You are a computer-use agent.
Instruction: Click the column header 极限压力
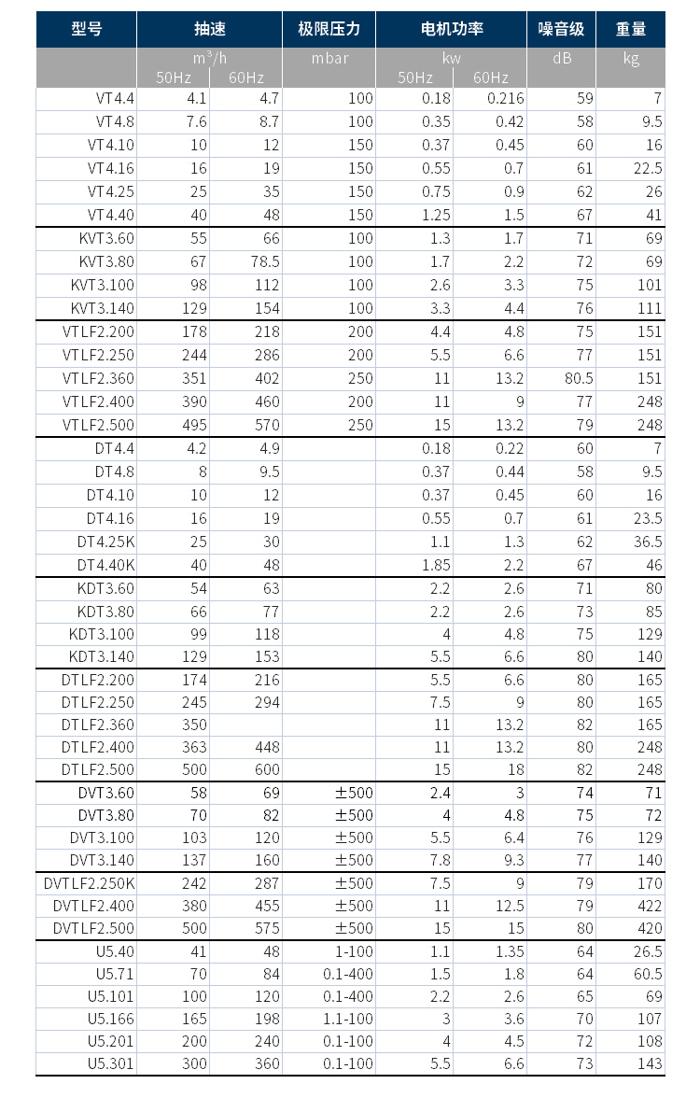329,29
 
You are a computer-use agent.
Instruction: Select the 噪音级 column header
561,29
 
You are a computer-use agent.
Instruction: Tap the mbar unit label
329,58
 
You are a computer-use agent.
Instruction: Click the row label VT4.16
111,168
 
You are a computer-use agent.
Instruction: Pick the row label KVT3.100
103,285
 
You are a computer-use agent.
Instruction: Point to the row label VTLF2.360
98,378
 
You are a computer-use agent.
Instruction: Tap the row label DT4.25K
105,542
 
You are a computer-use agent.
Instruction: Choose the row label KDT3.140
102,656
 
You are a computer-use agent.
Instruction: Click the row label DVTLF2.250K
90,883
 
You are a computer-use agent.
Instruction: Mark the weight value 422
650,906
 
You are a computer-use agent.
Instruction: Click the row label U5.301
111,1063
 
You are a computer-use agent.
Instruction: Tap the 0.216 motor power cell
505,98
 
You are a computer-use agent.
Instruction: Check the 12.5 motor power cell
509,906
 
